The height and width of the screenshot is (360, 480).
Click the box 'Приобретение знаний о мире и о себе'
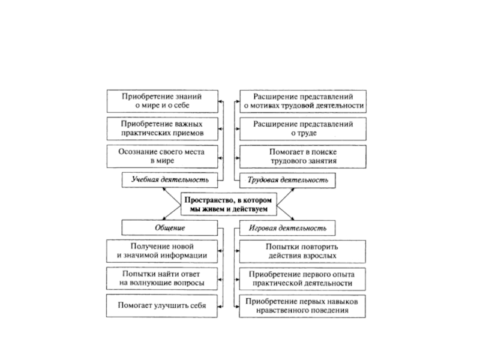161,101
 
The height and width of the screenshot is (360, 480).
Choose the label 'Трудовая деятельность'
287,179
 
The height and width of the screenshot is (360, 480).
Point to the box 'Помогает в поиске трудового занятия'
302,157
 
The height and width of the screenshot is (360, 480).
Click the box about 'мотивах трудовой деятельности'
302,101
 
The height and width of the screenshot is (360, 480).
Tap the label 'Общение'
170,228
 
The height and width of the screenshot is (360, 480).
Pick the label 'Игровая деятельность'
287,228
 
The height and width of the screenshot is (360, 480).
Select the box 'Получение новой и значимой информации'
161,251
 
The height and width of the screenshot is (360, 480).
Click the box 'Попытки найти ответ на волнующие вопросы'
161,278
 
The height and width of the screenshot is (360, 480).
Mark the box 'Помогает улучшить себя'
161,305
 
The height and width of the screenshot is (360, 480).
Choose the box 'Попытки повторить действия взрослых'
302,251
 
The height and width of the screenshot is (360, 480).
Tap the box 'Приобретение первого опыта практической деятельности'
302,278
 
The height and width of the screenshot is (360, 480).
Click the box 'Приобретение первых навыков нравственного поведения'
302,306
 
